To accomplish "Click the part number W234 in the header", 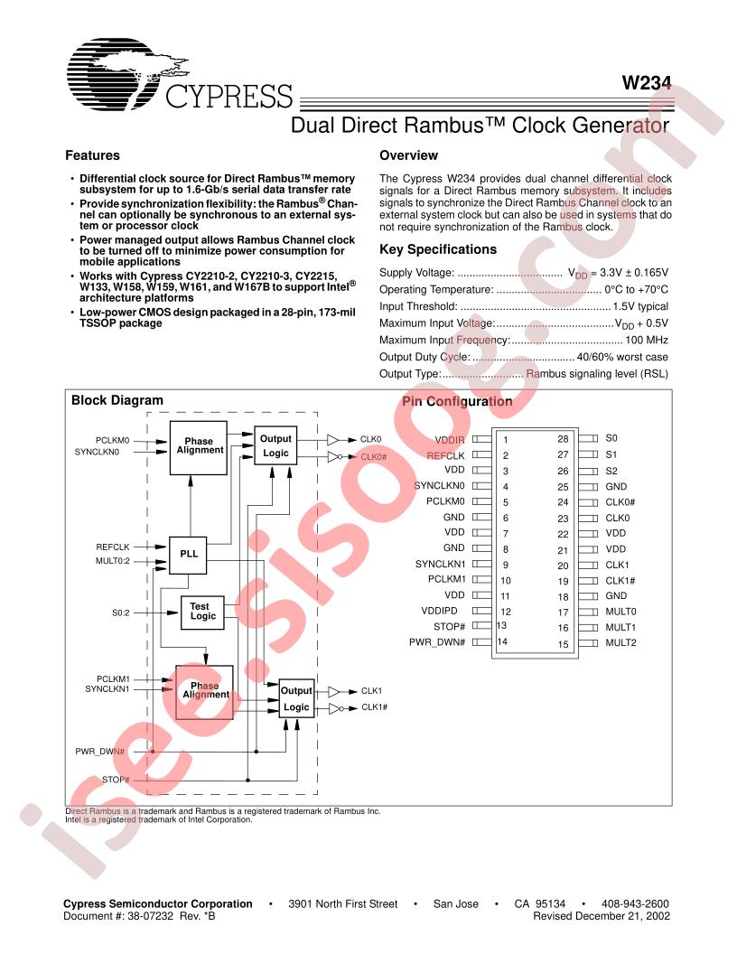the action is click(647, 83).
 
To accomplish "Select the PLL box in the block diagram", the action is click(188, 555).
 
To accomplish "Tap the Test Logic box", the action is click(202, 613).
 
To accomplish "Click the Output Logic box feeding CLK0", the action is click(275, 446).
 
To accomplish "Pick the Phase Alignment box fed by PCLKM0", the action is click(199, 447).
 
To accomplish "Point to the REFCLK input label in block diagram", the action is click(113, 547).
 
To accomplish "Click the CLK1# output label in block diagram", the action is click(375, 707).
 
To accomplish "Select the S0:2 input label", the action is click(120, 613).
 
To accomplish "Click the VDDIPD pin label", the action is click(439, 611).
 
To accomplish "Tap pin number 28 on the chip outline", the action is click(563, 439).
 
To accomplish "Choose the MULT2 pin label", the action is click(620, 642).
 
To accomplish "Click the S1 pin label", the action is click(611, 454).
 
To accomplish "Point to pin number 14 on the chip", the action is click(502, 641).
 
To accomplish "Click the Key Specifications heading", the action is click(438, 249).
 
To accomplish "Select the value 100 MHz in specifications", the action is click(647, 340).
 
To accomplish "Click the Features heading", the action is click(92, 155).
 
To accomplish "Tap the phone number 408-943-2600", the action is click(635, 904).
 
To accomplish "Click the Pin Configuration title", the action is click(457, 401).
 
